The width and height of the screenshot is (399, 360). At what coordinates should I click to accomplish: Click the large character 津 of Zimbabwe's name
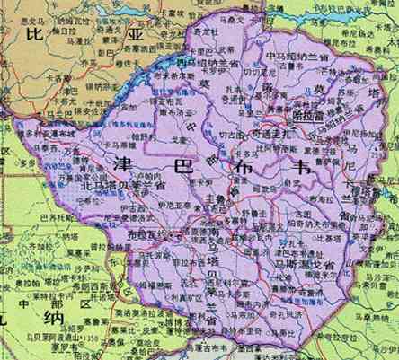point(124,164)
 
